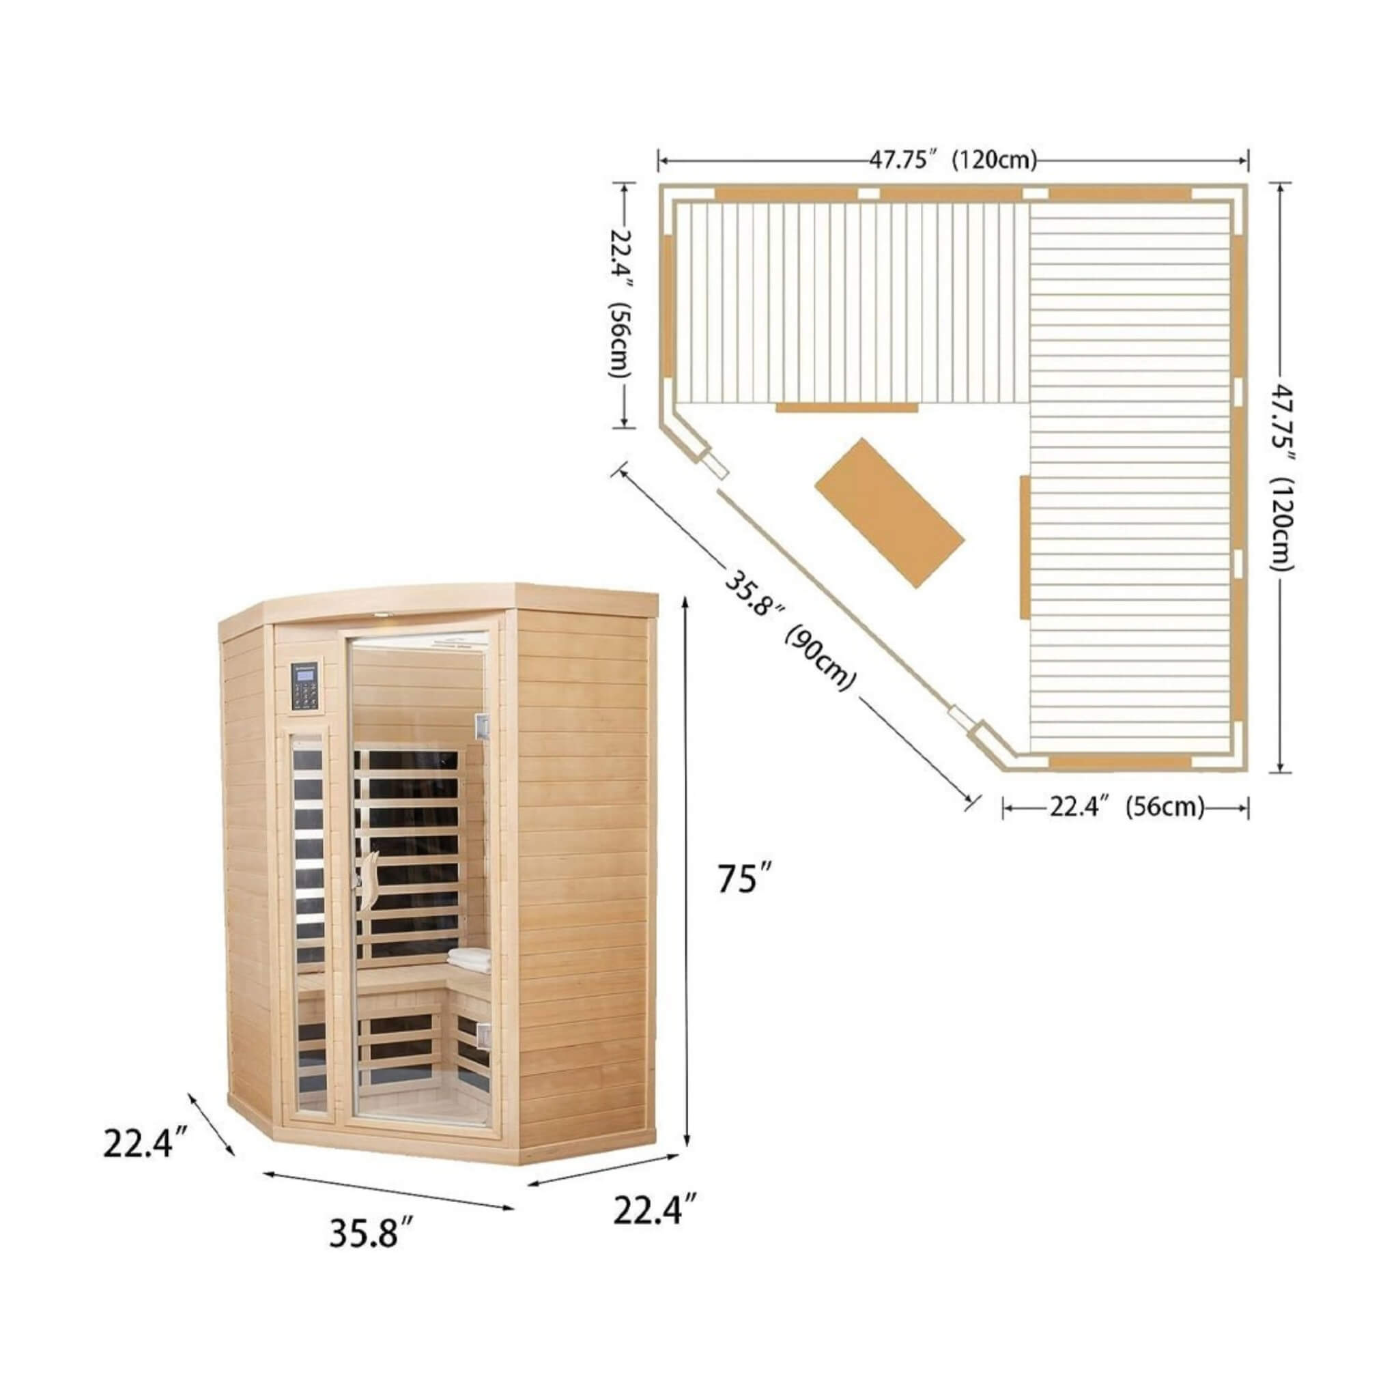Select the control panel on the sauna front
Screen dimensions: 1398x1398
[309, 686]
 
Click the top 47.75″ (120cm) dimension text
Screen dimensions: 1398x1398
[953, 159]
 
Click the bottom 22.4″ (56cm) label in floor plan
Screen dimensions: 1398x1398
[1126, 807]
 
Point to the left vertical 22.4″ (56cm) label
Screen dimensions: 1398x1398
[621, 304]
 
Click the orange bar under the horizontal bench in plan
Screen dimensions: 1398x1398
[846, 408]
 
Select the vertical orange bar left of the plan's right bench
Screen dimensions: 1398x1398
[1024, 547]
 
